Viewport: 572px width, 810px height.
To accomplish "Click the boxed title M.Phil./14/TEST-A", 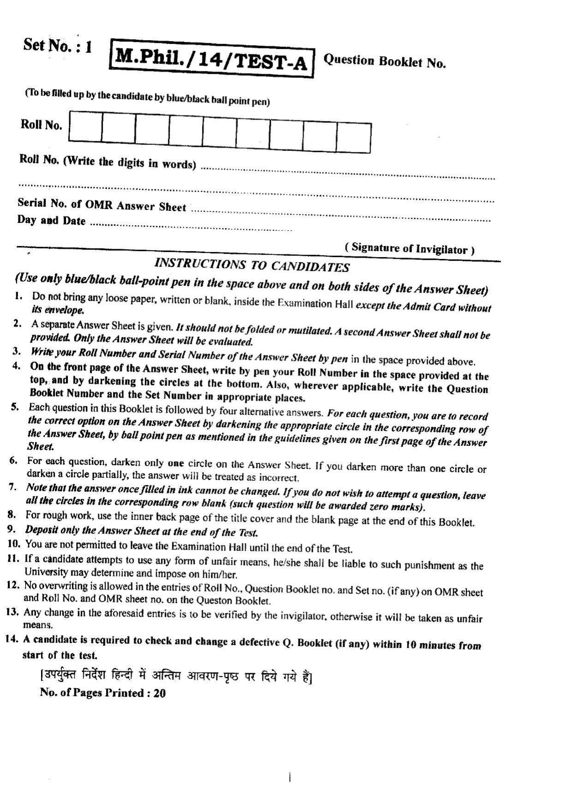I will pos(211,59).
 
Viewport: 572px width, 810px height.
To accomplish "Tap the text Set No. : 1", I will pos(58,46).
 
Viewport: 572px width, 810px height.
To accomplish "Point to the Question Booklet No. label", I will pos(385,61).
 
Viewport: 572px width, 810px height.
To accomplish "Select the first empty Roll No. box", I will pos(85,126).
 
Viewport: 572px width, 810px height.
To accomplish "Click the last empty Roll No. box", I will pos(354,138).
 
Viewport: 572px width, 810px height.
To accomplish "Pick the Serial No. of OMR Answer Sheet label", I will pos(101,204).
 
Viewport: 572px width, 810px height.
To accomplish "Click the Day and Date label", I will pos(51,220).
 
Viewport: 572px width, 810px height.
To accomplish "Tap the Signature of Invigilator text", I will pos(410,248).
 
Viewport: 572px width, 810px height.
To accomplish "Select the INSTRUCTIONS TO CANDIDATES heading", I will pos(251,265).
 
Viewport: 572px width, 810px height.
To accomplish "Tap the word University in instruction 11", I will pos(46,572).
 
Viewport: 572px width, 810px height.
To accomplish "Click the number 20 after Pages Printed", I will pos(159,693).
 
